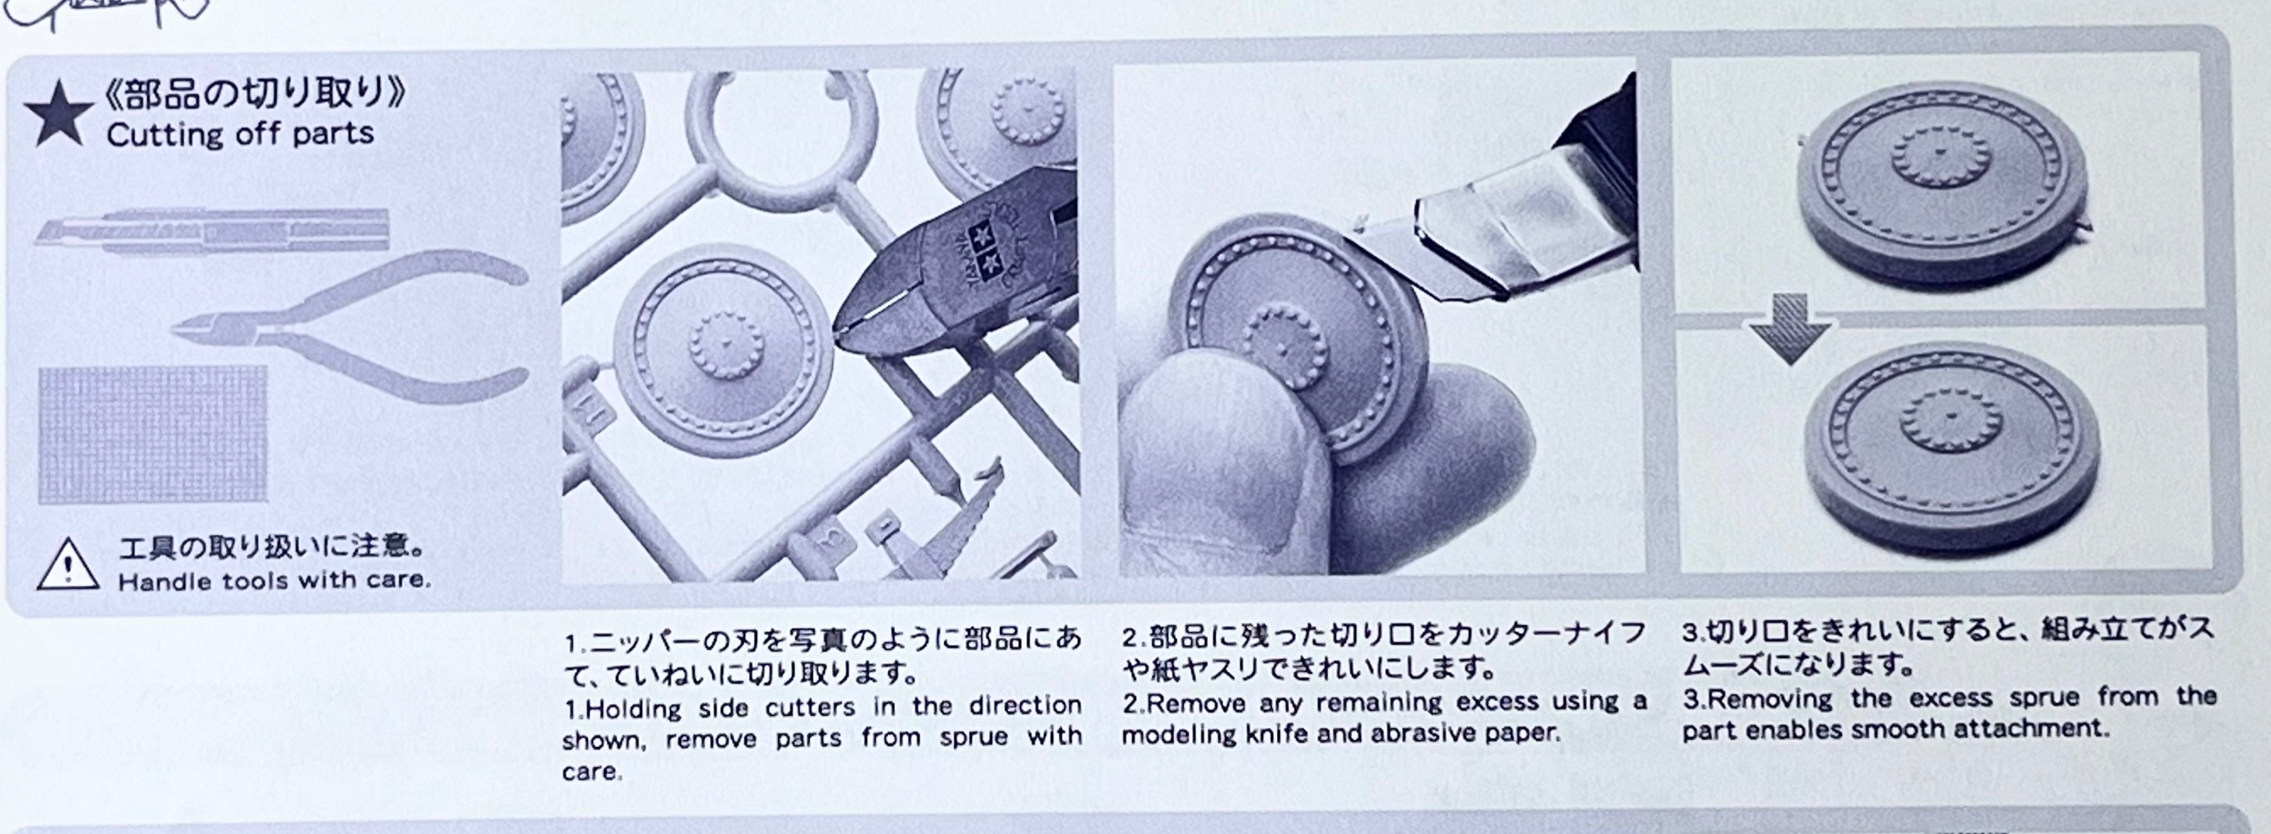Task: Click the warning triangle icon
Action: (68, 565)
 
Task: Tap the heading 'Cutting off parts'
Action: (241, 135)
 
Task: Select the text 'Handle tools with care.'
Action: (274, 581)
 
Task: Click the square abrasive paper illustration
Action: (152, 435)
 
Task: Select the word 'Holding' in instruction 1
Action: (634, 709)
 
